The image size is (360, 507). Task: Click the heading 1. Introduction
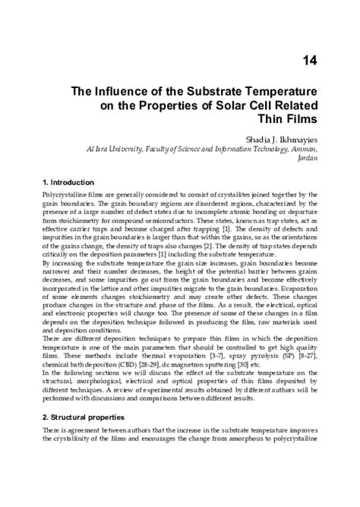point(68,182)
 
